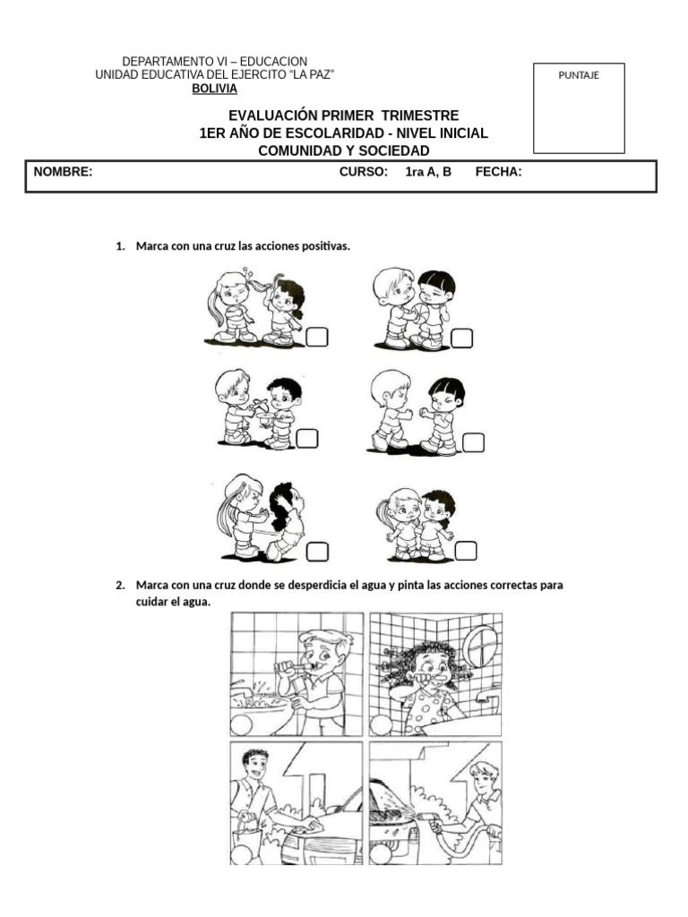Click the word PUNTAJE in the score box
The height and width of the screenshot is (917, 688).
point(578,75)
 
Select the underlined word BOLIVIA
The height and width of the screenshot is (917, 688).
point(215,89)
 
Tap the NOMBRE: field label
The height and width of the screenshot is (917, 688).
point(63,172)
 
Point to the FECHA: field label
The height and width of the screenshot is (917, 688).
point(498,172)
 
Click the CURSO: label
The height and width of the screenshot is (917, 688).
point(363,172)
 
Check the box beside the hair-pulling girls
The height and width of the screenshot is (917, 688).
point(317,337)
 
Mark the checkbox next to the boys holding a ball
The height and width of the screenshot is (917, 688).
point(461,338)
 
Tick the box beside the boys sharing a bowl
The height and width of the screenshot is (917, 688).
point(307,438)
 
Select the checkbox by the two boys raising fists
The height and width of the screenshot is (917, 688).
point(474,441)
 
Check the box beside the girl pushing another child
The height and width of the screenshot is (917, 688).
point(317,551)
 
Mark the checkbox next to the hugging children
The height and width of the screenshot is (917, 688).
point(466,550)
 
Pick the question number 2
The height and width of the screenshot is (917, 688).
point(120,585)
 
